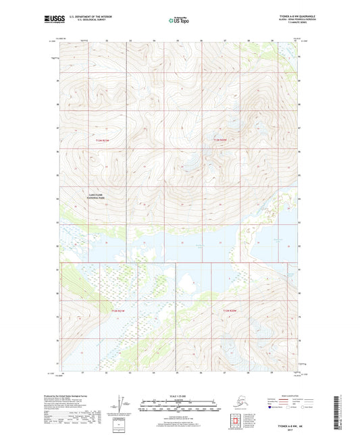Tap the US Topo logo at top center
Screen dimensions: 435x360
pyautogui.click(x=179, y=20)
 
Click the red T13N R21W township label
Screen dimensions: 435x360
pyautogui.click(x=101, y=140)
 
